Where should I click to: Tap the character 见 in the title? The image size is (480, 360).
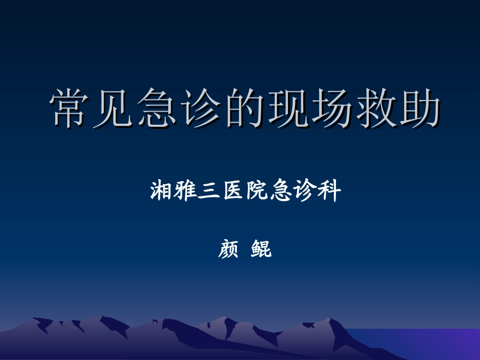(x=113, y=109)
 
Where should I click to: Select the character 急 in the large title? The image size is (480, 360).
(x=156, y=109)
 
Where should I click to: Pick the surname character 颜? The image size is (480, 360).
(x=228, y=249)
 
